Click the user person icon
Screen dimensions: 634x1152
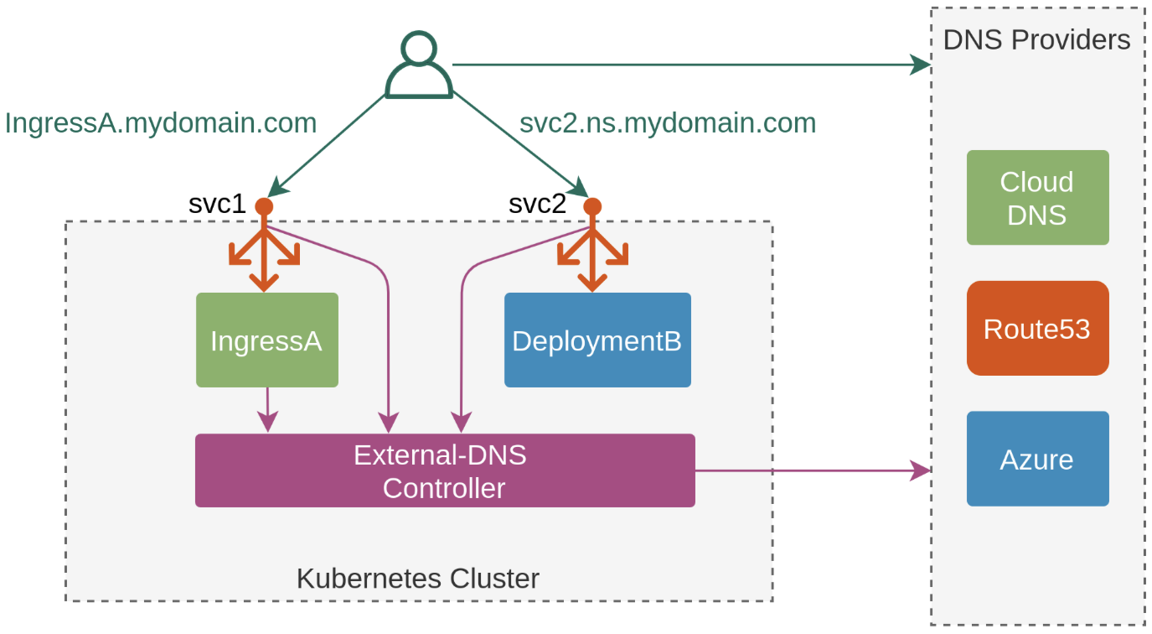click(419, 65)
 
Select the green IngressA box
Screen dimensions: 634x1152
click(266, 340)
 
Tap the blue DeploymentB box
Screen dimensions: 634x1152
click(597, 340)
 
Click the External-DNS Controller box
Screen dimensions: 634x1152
click(444, 470)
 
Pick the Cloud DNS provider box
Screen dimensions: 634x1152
click(1037, 198)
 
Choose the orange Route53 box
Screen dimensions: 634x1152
click(1037, 329)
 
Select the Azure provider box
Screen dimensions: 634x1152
click(1037, 459)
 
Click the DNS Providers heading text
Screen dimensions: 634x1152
click(1036, 39)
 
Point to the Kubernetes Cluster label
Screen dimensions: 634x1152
click(417, 579)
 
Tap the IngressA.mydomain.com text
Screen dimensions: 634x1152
click(161, 123)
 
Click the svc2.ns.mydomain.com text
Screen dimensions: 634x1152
click(668, 123)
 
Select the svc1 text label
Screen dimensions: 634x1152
click(217, 204)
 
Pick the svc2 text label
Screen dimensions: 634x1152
click(537, 204)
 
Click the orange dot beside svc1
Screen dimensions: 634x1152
click(264, 206)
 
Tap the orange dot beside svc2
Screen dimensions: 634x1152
click(592, 206)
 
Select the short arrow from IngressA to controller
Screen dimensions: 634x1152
click(267, 410)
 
